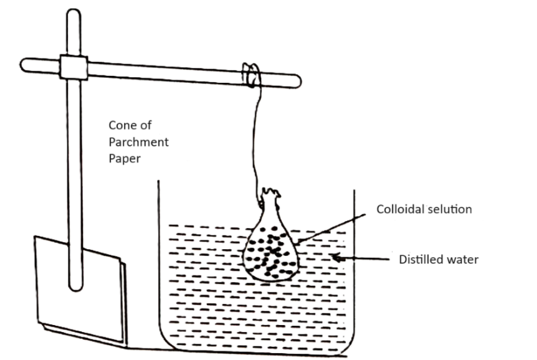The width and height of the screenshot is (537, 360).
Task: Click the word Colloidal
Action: point(400,209)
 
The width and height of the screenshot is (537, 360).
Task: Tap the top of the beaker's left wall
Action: point(158,182)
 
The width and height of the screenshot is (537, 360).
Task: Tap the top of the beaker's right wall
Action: point(355,191)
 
